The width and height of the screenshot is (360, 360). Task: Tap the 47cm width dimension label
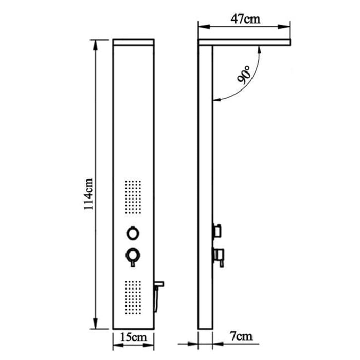[245, 20]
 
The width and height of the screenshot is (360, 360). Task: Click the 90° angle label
[243, 76]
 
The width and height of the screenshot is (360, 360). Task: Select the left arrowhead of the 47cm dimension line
[202, 28]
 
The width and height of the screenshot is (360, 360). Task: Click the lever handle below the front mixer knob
[133, 263]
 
